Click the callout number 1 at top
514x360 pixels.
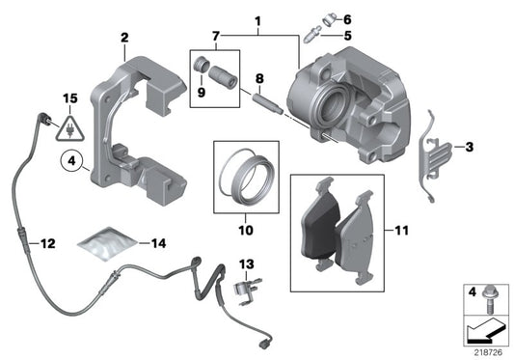click(257, 18)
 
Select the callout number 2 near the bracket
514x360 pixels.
click(124, 38)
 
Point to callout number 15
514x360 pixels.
click(68, 98)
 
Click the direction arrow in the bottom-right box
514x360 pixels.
click(483, 332)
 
